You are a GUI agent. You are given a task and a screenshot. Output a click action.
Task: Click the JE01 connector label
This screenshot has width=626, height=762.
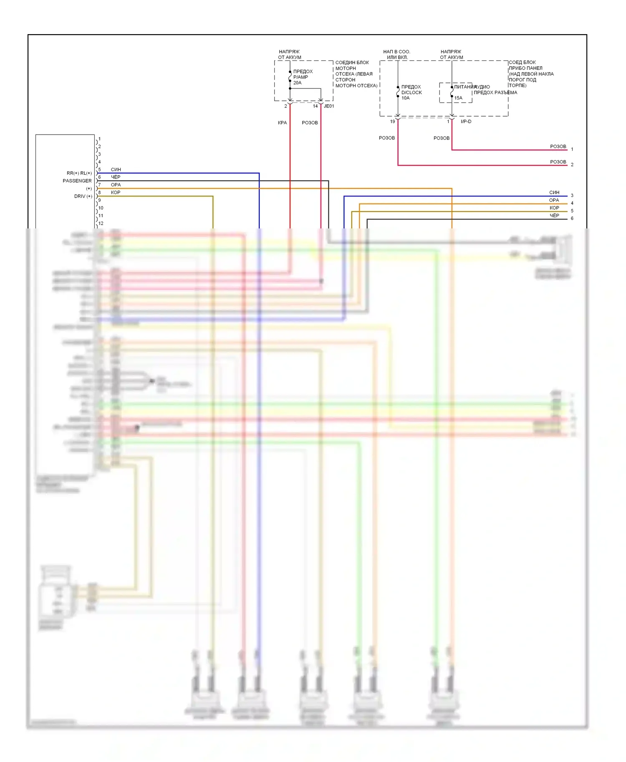(329, 106)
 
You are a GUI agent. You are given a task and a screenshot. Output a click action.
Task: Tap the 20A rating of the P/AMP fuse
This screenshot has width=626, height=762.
(297, 83)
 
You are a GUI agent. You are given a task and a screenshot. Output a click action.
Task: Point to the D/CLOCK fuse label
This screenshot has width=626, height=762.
(411, 93)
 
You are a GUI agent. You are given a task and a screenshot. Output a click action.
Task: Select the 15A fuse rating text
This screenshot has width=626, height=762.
(458, 98)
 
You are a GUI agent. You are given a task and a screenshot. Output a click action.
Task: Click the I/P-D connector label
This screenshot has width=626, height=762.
(466, 122)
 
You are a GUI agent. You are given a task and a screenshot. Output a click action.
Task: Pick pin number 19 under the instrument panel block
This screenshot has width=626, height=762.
(392, 122)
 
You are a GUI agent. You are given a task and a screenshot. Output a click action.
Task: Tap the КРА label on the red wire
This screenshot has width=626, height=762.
(283, 123)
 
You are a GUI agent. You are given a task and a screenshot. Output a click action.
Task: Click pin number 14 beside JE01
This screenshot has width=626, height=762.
(315, 106)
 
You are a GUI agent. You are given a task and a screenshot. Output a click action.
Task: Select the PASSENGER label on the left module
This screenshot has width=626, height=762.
(77, 181)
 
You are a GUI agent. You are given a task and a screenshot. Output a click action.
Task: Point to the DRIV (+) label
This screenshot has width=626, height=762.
(83, 196)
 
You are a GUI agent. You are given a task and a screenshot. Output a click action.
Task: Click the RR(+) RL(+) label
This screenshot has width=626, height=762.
(79, 173)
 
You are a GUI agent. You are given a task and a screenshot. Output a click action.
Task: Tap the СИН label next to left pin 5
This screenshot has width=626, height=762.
(116, 170)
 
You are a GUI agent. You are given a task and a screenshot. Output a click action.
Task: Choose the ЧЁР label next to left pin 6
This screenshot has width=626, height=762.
(116, 177)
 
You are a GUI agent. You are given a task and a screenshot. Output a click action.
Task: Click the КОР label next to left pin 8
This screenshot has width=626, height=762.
(116, 193)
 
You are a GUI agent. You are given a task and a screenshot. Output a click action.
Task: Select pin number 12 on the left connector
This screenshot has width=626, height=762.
(101, 223)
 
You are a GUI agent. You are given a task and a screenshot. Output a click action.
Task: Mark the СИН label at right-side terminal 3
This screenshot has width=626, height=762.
(554, 193)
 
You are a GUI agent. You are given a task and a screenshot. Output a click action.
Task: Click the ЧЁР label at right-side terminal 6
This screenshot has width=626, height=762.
(554, 216)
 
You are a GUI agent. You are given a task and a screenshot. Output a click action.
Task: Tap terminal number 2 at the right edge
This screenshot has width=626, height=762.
(572, 165)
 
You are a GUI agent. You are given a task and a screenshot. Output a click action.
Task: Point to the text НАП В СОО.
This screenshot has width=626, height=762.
(396, 52)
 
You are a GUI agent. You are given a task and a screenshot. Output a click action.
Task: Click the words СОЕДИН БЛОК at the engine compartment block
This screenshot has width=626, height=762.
(352, 63)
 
